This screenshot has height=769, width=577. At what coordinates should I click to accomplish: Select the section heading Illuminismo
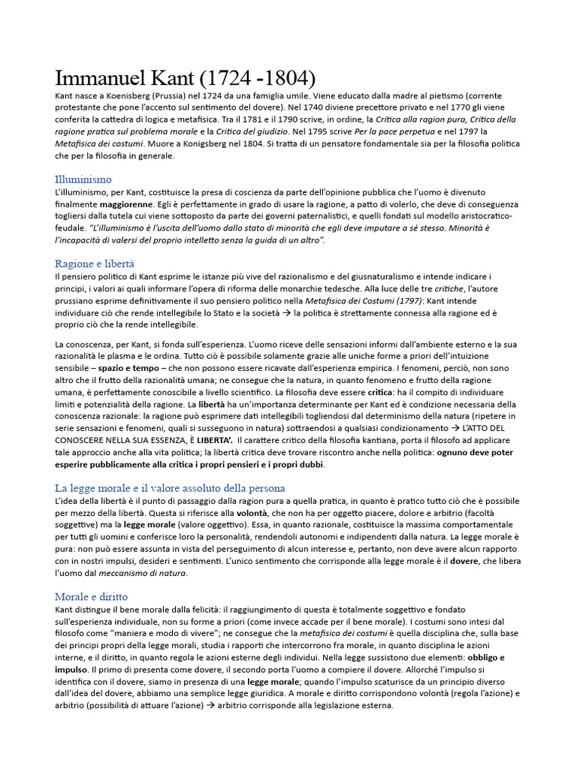pos(83,179)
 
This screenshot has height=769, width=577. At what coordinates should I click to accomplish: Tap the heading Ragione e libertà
pos(95,264)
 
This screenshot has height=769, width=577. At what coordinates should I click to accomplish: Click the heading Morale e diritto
pos(92,596)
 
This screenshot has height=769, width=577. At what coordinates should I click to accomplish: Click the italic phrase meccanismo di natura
pos(151,573)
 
